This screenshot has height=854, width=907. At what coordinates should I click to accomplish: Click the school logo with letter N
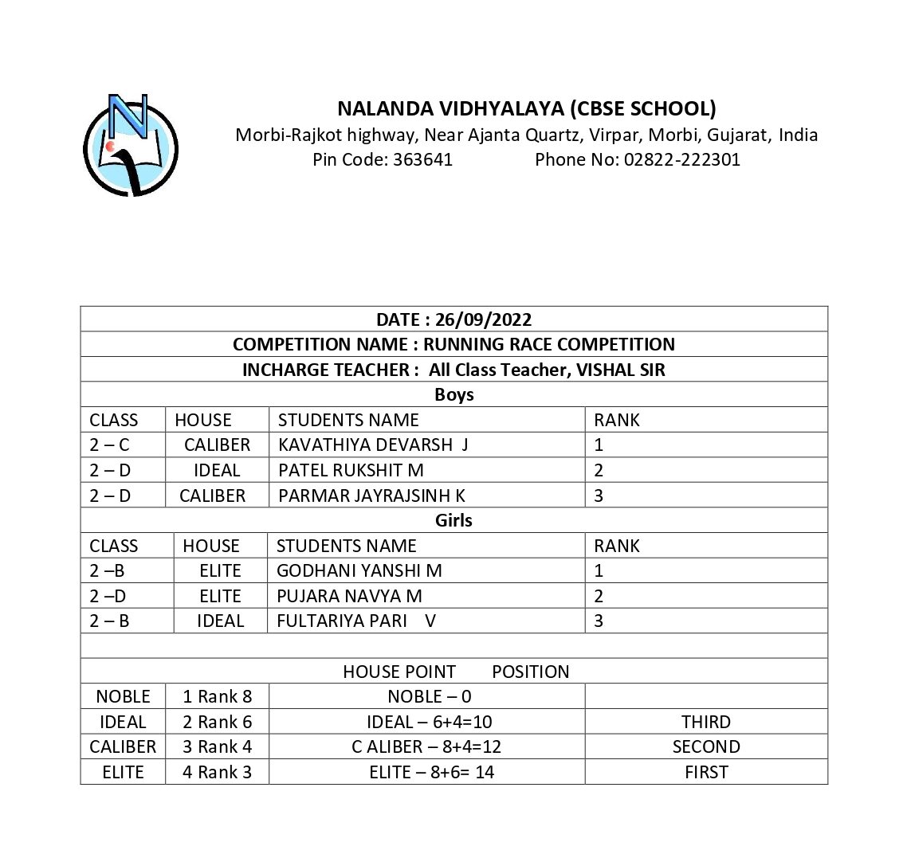coord(131,145)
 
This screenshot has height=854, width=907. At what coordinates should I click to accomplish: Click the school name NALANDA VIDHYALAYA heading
coord(526,108)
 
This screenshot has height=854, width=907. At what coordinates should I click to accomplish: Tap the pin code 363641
coord(422,159)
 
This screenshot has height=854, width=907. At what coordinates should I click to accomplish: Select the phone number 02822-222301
coord(682,159)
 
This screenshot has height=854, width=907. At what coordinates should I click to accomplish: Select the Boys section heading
coord(453,394)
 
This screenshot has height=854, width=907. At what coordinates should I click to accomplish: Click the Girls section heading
coord(453,520)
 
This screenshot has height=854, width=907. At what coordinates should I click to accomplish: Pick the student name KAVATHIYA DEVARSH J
coord(373,445)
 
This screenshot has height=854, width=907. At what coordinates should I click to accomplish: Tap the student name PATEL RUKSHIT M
coord(351,470)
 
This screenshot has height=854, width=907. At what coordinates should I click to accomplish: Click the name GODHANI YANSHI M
coord(359,570)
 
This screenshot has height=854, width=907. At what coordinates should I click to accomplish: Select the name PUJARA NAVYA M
coord(349,596)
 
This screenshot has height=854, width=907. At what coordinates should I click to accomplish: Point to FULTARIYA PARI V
coord(355,621)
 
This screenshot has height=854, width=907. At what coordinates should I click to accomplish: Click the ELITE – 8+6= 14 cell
coord(431,772)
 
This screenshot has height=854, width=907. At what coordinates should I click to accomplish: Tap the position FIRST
coord(706,772)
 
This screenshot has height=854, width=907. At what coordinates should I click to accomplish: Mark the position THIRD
coord(706,722)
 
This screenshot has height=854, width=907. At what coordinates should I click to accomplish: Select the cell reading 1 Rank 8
coord(217,696)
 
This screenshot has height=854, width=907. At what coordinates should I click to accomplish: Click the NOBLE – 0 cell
coord(429,696)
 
